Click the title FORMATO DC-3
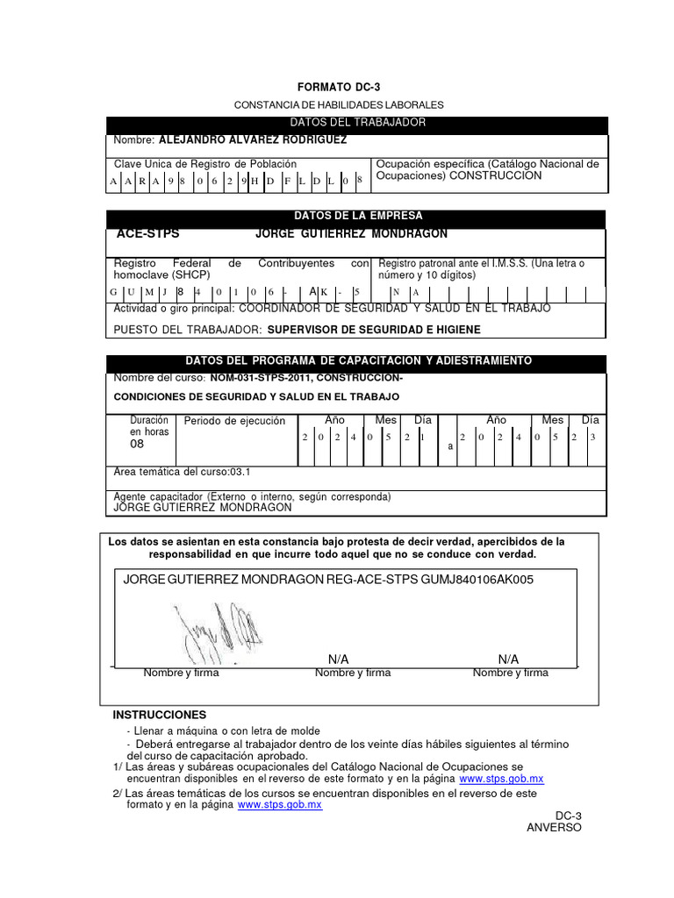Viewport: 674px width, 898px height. pyautogui.click(x=338, y=88)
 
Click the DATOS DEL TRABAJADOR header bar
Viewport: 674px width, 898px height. pyautogui.click(x=356, y=123)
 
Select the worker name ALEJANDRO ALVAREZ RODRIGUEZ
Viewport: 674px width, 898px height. pyautogui.click(x=252, y=140)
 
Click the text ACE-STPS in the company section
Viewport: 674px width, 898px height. pyautogui.click(x=147, y=234)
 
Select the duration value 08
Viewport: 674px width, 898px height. pyautogui.click(x=137, y=445)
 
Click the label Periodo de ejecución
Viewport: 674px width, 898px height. pyautogui.click(x=234, y=421)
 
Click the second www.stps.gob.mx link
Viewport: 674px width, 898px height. pyautogui.click(x=280, y=805)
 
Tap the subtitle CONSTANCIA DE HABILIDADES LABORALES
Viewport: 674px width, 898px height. pyautogui.click(x=339, y=104)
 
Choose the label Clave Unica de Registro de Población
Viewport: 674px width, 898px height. pyautogui.click(x=205, y=164)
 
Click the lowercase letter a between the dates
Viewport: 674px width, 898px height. pyautogui.click(x=450, y=446)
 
